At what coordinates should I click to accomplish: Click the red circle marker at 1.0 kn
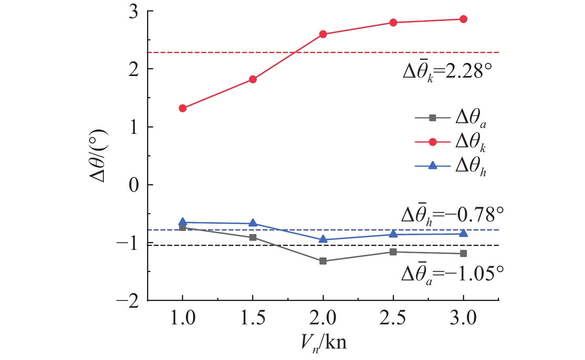183,108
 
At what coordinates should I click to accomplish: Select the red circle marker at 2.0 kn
323,34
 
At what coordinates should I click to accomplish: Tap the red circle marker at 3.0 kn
463,19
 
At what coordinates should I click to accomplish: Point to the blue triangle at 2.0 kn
323,239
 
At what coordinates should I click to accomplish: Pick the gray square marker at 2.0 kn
323,261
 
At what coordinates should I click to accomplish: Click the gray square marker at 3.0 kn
463,253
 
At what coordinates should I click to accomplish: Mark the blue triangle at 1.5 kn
253,223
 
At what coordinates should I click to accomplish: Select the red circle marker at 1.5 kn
253,79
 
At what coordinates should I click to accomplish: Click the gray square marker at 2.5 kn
393,252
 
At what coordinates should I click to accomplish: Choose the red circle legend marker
433,142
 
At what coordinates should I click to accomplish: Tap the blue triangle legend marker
433,166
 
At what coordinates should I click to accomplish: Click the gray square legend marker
433,118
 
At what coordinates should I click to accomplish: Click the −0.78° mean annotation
452,215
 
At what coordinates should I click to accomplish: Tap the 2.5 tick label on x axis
393,318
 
